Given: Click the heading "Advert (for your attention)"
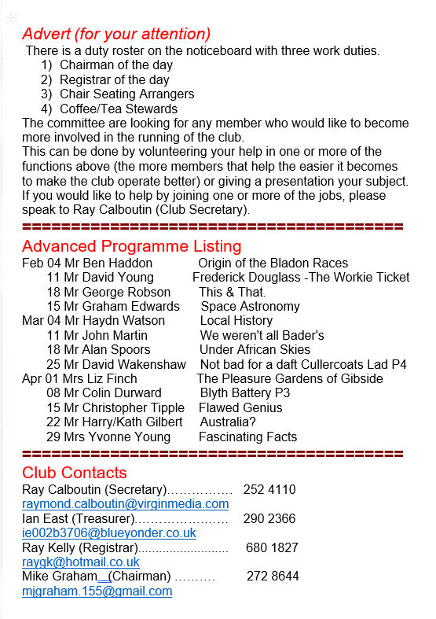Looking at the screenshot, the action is (116, 34).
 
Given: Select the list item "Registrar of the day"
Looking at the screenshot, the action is (114, 80).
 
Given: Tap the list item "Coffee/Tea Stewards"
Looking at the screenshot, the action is (119, 109).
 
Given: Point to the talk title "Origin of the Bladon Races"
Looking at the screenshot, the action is (273, 263).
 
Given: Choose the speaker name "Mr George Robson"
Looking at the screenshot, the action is (122, 292).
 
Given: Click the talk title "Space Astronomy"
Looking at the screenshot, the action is (250, 307).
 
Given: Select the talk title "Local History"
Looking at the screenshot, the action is (236, 321).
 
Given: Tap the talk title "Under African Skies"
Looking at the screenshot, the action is (255, 350).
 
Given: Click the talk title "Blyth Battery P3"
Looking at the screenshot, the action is (244, 393).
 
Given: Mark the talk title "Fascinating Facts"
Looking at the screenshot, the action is (247, 437).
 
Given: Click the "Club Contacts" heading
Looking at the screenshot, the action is (75, 473).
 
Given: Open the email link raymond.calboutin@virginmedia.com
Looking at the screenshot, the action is (125, 504).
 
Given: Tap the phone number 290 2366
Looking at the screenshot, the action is (269, 519).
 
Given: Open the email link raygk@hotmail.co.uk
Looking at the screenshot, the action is (80, 562).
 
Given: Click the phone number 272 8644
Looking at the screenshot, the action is (273, 577).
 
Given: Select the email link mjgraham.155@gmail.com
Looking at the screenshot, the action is (97, 591).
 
